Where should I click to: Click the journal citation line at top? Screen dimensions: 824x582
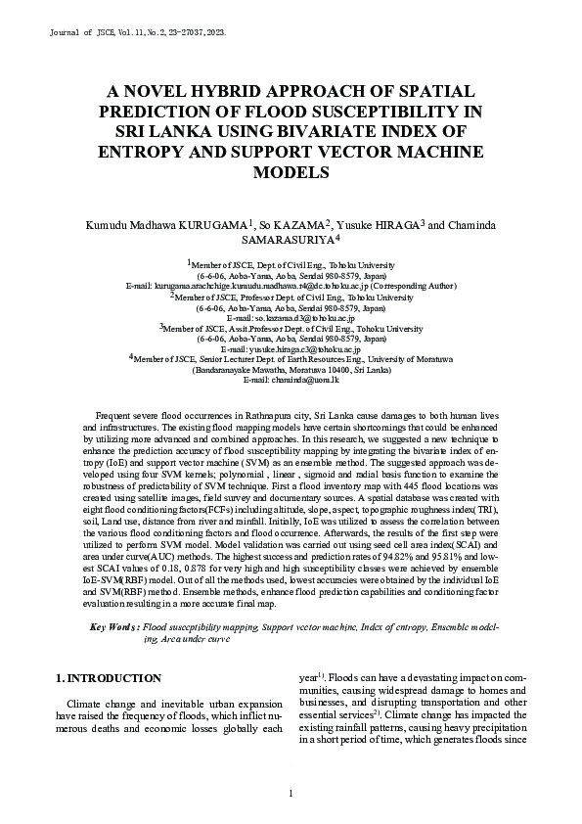coord(138,32)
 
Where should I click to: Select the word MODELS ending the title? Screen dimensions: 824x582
coord(291,172)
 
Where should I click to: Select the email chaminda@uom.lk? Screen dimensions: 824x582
coord(291,381)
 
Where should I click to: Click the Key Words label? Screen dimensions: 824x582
coord(113,626)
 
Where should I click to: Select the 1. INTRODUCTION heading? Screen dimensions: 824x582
coord(108,677)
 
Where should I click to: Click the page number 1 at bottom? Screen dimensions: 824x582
coord(291,792)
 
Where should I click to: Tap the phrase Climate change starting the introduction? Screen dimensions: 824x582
coord(102,704)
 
